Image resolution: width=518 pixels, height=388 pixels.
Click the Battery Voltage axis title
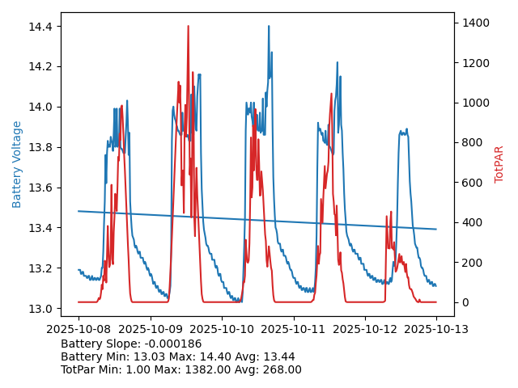pyautogui.click(x=17, y=164)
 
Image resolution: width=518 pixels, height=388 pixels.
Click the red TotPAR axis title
pyautogui.click(x=499, y=164)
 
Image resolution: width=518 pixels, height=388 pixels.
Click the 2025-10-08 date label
pyautogui.click(x=79, y=330)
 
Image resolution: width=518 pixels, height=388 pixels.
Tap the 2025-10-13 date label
pyautogui.click(x=436, y=330)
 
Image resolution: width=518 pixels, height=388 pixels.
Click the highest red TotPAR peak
pyautogui.click(x=188, y=26)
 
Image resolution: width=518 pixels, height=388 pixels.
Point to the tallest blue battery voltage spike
pyautogui.click(x=269, y=26)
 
